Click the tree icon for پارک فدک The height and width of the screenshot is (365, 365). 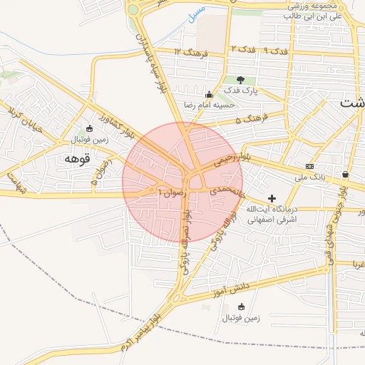[x=240, y=80]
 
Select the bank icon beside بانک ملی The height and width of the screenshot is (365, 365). [x=309, y=166]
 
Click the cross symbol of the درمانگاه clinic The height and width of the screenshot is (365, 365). [x=271, y=197]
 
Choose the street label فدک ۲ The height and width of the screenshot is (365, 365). [x=242, y=49]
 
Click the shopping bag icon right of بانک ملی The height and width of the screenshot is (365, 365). [x=346, y=175]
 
